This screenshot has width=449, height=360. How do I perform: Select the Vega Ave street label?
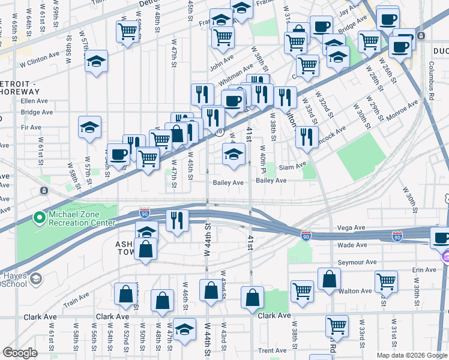click(351, 228)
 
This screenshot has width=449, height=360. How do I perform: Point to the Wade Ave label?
click(352, 245)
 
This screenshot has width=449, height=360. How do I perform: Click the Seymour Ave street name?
click(357, 262)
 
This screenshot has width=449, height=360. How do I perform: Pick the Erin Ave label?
click(424, 270)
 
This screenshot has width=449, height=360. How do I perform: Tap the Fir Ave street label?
click(31, 127)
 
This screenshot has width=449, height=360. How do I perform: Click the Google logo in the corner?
click(20, 353)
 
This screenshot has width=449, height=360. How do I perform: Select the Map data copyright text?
click(412, 355)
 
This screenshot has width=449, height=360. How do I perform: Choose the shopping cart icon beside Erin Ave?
click(386, 281)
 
